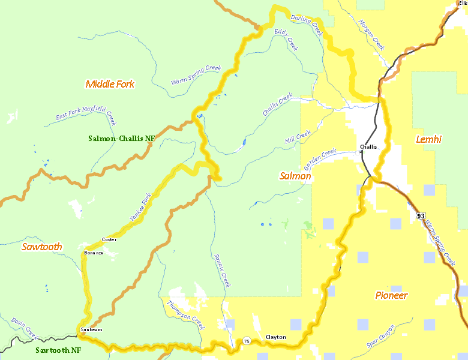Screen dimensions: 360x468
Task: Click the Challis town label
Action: pos(368,147)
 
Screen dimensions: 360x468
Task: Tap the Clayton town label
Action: pos(275,338)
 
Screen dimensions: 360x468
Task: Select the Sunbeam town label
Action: pos(90,329)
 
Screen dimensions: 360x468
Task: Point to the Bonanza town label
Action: pos(93,253)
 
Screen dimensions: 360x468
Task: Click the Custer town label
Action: pos(109,239)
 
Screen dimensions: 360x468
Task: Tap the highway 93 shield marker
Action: pos(421,215)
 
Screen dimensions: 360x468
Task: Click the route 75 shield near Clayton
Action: pos(246,341)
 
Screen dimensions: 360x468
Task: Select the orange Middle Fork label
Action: pos(110,84)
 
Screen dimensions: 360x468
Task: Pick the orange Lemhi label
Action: pos(428,139)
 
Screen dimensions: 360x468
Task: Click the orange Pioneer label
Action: pos(391,295)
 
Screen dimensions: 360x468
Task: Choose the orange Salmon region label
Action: pos(295,176)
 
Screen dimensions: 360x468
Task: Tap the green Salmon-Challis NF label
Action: pos(121,138)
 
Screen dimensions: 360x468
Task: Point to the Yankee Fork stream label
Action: pos(141,206)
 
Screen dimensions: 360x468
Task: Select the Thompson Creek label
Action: pos(186,315)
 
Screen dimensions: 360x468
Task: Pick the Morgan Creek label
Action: pos(371,34)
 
